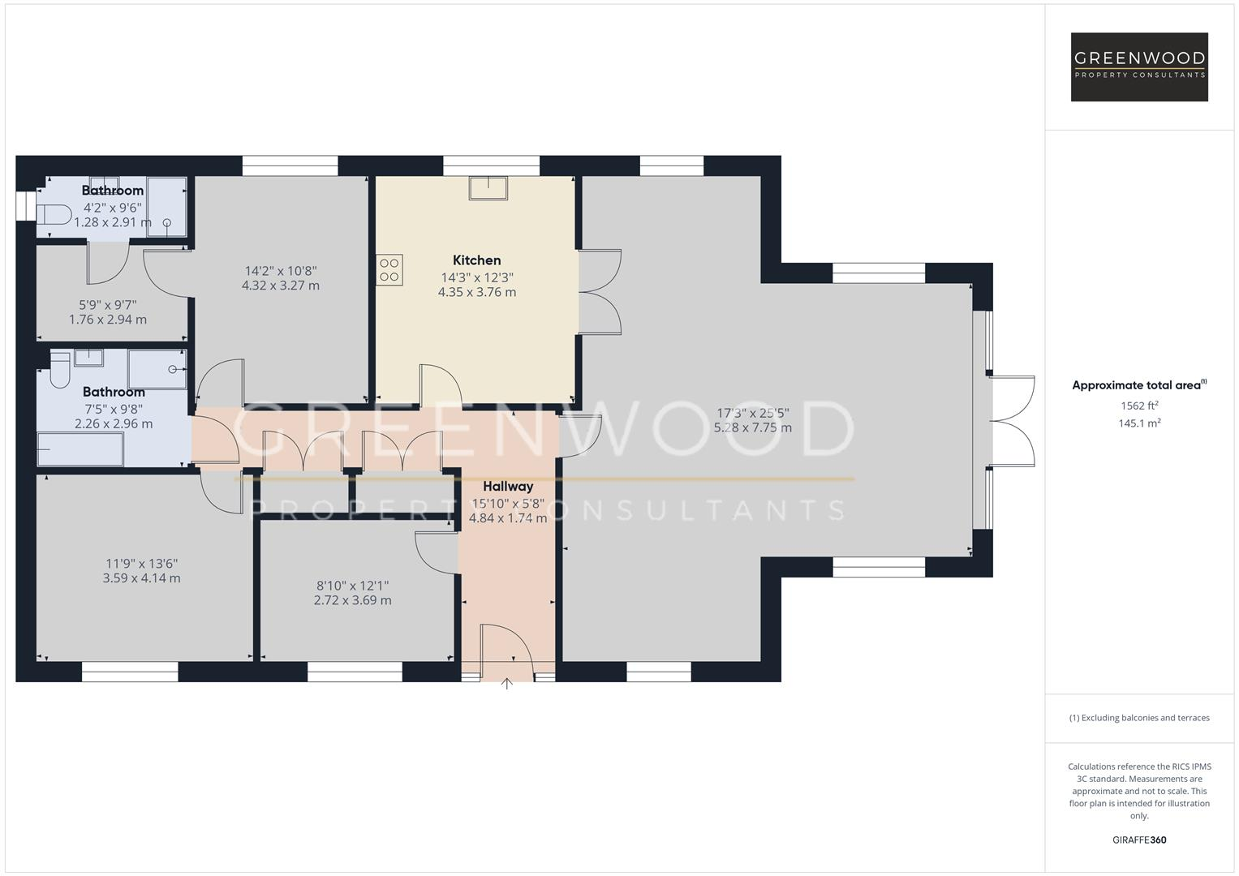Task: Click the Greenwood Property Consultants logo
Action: click(1139, 67)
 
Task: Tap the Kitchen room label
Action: click(476, 260)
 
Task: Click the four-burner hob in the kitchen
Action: click(389, 270)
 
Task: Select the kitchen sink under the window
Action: click(488, 187)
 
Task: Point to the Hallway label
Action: click(508, 487)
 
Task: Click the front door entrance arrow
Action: click(507, 684)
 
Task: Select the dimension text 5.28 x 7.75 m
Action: click(752, 427)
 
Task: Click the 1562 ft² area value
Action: click(1139, 406)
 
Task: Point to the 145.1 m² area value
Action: click(1139, 423)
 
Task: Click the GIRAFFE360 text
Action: click(1139, 840)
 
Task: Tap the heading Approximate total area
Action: click(1138, 385)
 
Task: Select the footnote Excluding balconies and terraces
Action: click(1139, 718)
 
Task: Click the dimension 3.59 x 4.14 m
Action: click(141, 578)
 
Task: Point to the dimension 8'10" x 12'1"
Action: click(352, 586)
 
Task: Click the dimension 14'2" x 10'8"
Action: click(281, 271)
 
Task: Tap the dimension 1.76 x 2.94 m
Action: click(108, 320)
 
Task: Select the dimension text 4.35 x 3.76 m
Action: click(476, 292)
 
